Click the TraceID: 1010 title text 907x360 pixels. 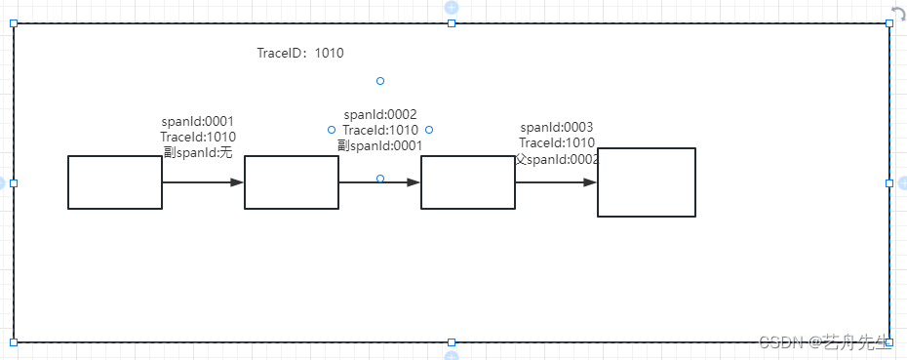[x=300, y=53]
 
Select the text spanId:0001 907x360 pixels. [x=198, y=122]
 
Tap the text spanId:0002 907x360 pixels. [x=380, y=114]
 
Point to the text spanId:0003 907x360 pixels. [x=557, y=127]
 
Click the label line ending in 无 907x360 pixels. [x=198, y=152]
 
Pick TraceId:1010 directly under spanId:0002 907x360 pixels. [x=380, y=130]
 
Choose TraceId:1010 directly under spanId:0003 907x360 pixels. [x=557, y=142]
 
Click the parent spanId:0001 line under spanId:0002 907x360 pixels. [x=380, y=145]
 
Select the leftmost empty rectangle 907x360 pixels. [x=115, y=182]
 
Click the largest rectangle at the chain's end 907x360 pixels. [x=647, y=182]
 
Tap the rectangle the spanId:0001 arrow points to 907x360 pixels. [x=292, y=182]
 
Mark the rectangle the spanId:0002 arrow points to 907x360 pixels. [x=468, y=182]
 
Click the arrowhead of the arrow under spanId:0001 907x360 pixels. [x=237, y=182]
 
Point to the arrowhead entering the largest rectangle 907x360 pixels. [x=590, y=182]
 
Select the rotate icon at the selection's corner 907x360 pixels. [x=898, y=13]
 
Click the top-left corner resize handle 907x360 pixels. [x=14, y=23]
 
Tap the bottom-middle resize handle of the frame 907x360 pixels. [x=452, y=342]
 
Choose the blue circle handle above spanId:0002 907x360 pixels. [x=380, y=81]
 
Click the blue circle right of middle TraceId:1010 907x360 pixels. [x=429, y=130]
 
